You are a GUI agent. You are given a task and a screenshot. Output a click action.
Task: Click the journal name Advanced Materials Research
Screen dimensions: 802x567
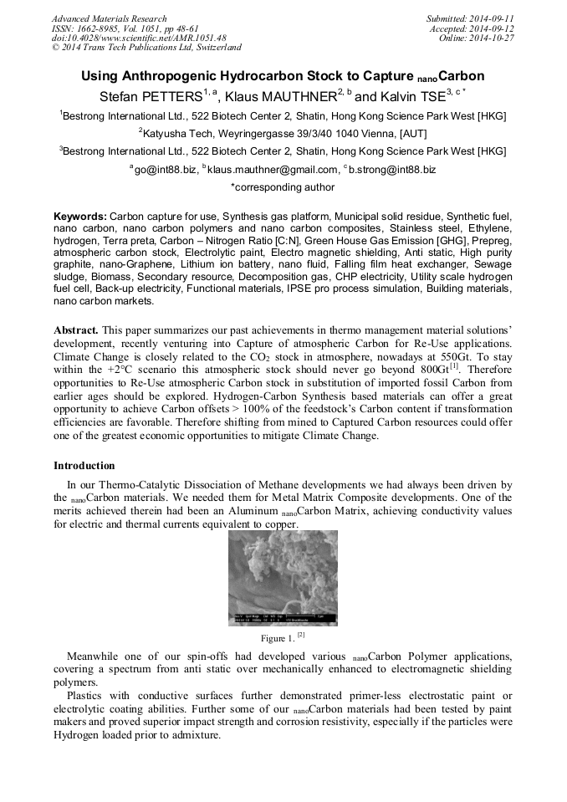[x=109, y=18]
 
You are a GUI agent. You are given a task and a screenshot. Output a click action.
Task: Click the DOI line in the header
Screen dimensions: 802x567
[x=138, y=38]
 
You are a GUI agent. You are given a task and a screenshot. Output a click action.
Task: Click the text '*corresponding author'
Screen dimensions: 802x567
[x=283, y=187]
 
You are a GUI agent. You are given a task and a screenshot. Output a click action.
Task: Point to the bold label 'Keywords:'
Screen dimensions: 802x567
[x=80, y=216]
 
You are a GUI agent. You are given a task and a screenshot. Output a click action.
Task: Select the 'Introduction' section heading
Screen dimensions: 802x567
[x=84, y=466]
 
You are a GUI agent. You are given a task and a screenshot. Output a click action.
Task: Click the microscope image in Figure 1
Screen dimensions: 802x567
[x=283, y=577]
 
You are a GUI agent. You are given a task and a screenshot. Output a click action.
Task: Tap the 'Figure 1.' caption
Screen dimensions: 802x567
[x=279, y=638]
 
